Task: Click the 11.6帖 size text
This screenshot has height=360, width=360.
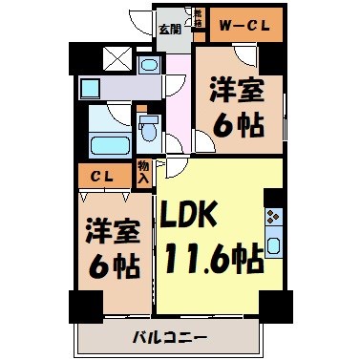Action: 214,258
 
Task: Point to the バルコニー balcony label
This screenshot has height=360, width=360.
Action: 168,336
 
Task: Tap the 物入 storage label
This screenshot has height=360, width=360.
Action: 143,173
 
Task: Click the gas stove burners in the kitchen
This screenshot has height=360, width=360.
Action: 274,216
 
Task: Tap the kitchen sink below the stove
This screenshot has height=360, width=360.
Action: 274,244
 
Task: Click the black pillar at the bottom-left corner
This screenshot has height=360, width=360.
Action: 85,307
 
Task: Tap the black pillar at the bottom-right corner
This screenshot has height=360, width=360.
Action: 274,307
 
